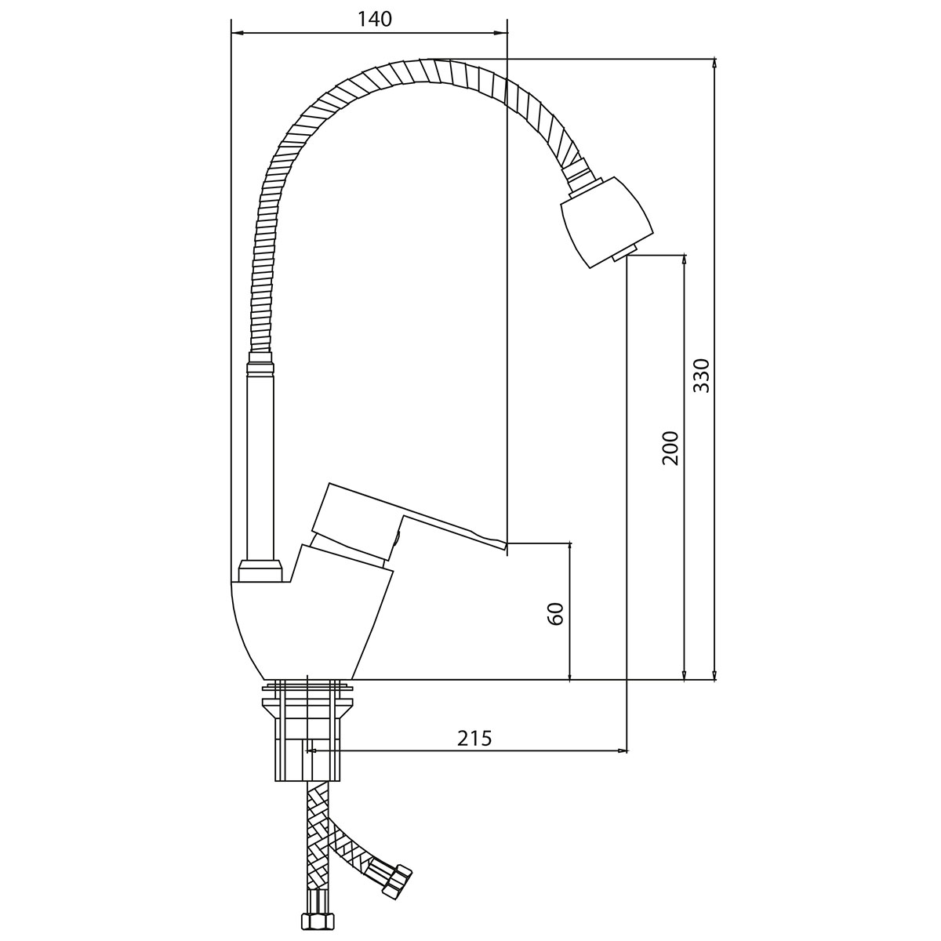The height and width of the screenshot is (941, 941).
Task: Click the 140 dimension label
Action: [x=375, y=20]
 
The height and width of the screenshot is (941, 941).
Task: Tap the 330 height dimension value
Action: [x=701, y=376]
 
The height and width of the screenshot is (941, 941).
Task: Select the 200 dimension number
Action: [x=670, y=448]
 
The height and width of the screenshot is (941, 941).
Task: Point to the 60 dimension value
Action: [x=556, y=613]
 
